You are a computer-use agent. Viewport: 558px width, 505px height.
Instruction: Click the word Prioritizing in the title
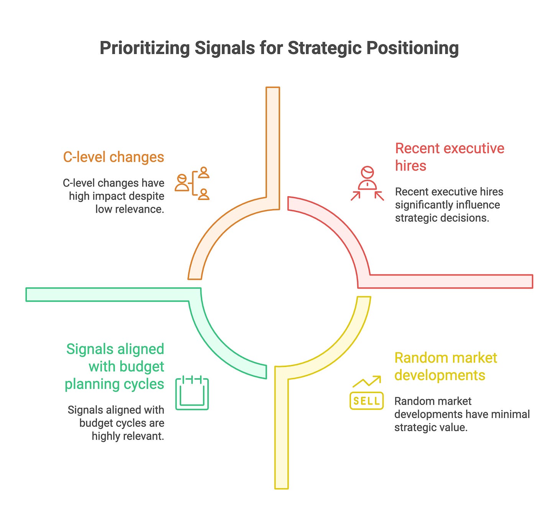[144, 49]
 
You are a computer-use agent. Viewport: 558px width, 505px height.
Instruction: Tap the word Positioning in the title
[412, 49]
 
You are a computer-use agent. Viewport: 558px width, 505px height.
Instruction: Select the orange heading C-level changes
[113, 157]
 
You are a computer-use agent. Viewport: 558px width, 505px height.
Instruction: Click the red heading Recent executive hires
[449, 157]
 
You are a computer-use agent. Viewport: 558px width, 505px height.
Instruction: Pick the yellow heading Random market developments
[445, 366]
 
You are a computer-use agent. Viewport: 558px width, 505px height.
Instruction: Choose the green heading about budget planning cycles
[115, 366]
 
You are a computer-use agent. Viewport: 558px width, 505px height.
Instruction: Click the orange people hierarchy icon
[192, 183]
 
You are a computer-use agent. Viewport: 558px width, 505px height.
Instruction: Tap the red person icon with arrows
[367, 183]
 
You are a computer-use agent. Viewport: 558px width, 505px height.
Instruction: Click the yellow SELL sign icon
[366, 401]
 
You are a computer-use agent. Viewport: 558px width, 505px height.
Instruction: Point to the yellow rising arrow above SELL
[367, 381]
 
